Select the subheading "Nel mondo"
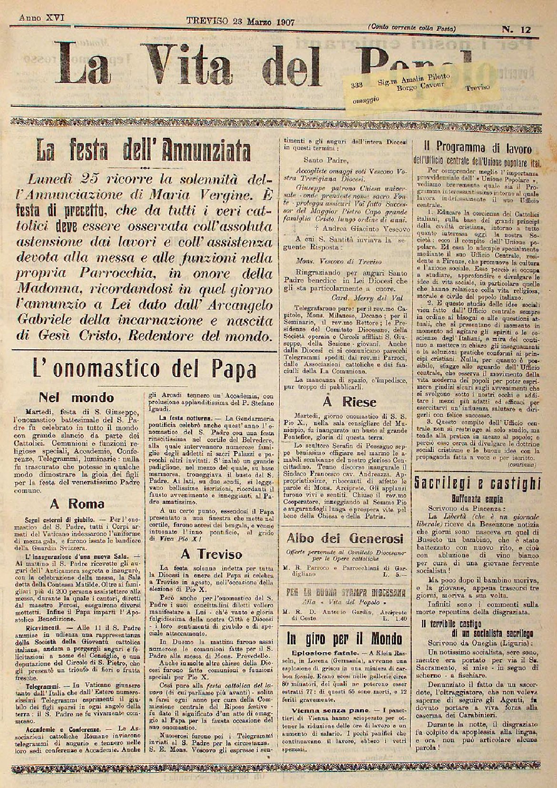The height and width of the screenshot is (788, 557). click(76, 397)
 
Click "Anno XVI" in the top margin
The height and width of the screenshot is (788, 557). click(42, 18)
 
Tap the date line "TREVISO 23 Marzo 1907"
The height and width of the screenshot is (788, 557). click(240, 21)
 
